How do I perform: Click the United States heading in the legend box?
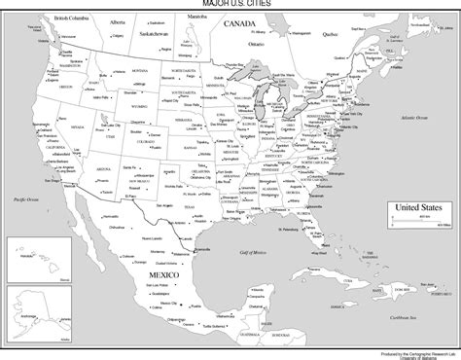point(416,207)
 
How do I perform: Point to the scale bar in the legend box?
point(416,221)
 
